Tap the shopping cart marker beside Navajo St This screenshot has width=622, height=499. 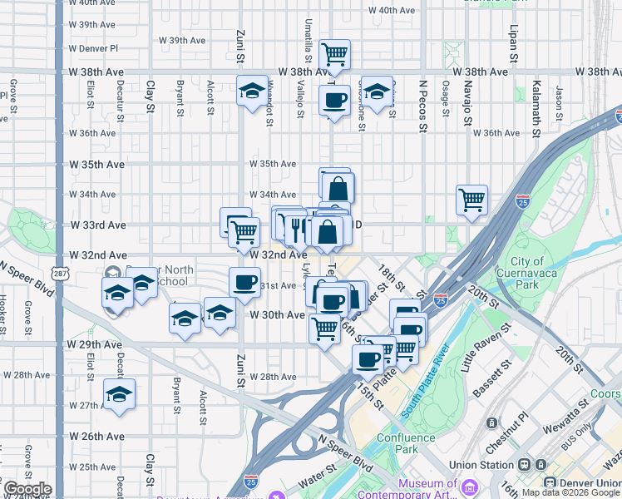click(x=471, y=200)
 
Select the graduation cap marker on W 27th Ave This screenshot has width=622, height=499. click(x=119, y=395)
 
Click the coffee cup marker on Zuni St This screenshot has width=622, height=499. click(x=244, y=283)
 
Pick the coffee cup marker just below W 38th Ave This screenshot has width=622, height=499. click(x=334, y=101)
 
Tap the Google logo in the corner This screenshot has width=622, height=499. click(x=27, y=489)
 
